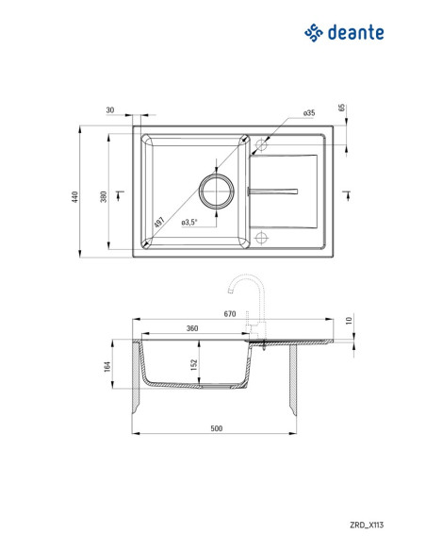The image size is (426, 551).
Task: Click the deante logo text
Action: (x=356, y=32)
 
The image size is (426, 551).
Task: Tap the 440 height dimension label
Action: (x=74, y=197)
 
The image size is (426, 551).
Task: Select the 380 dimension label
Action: (x=104, y=197)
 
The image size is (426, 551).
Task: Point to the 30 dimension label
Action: (x=110, y=110)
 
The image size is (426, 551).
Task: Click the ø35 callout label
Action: (x=309, y=113)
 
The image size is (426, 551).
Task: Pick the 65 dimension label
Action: (x=342, y=108)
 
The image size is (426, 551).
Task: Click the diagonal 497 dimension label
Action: (x=159, y=222)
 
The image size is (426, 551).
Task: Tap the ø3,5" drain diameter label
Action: (x=189, y=223)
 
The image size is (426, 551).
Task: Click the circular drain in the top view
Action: (x=217, y=192)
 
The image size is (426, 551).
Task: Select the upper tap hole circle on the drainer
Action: (x=261, y=144)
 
